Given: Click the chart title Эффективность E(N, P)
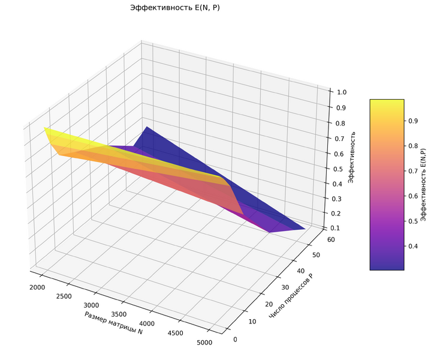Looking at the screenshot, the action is pyautogui.click(x=175, y=7).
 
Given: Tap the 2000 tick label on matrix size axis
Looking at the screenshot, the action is pyautogui.click(x=37, y=287).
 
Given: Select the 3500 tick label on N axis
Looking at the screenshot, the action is pyautogui.click(x=119, y=314).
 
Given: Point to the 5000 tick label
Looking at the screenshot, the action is pyautogui.click(x=204, y=343).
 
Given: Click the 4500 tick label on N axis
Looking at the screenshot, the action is pyautogui.click(x=175, y=333).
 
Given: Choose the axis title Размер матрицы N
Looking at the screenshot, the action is pyautogui.click(x=113, y=323).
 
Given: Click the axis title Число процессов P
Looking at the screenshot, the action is pyautogui.click(x=292, y=296).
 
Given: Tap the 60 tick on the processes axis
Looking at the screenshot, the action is pyautogui.click(x=331, y=239).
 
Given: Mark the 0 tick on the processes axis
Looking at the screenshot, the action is pyautogui.click(x=235, y=340).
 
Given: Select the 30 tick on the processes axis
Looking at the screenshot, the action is pyautogui.click(x=285, y=287).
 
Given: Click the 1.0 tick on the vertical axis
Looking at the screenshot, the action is pyautogui.click(x=342, y=92).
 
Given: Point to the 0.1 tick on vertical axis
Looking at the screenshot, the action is pyautogui.click(x=334, y=228).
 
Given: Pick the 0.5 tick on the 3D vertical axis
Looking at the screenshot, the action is pyautogui.click(x=337, y=169).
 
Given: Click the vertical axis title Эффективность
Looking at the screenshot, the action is pyautogui.click(x=351, y=157).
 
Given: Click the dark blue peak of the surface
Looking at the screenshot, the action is pyautogui.click(x=147, y=127).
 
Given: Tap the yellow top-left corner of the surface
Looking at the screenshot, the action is pyautogui.click(x=45, y=128).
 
